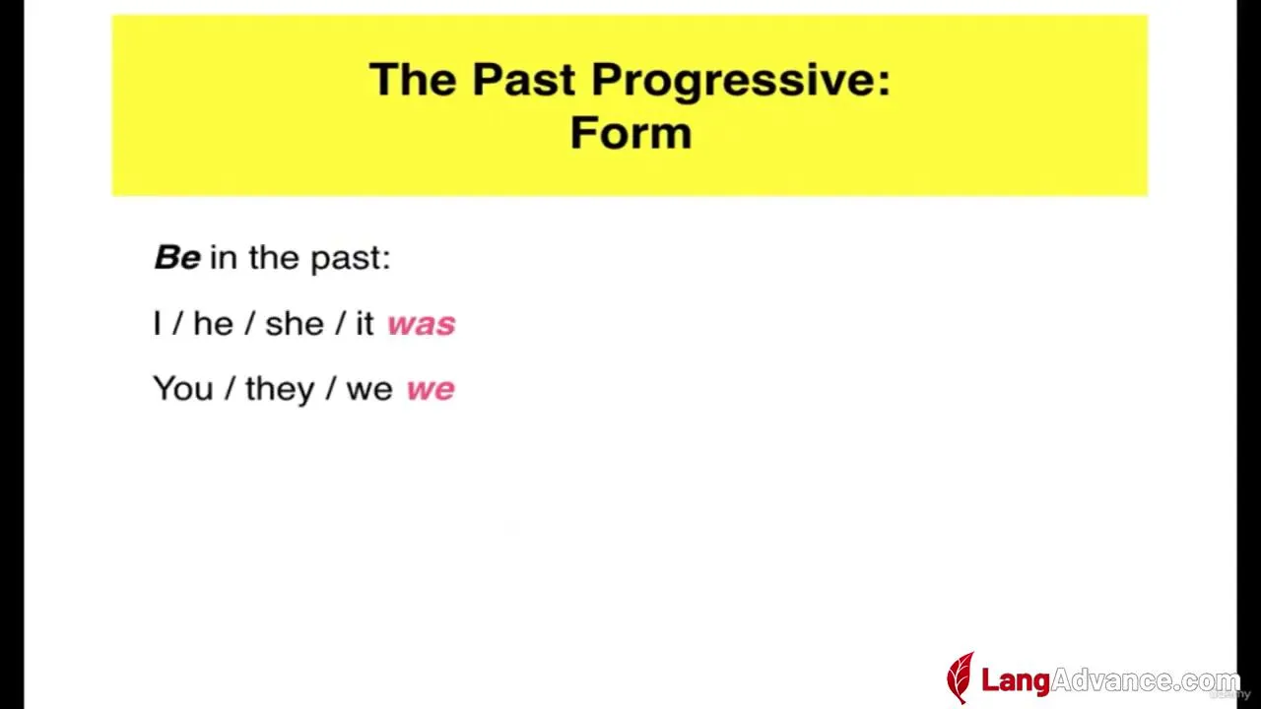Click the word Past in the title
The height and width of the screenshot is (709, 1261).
pos(523,80)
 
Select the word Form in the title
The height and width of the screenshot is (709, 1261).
pos(630,133)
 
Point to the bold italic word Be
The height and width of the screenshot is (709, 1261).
pos(177,258)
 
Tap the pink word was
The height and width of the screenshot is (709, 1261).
pos(422,325)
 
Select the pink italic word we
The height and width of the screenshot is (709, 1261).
pos(431,389)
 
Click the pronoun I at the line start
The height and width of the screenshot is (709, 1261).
pos(158,324)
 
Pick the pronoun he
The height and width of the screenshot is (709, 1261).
pos(214,324)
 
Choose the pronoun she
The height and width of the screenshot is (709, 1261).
pos(295,324)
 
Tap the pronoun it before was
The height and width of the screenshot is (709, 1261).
pos(365,324)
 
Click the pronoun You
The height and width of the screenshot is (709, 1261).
pos(183,389)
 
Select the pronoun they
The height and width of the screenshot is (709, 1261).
pos(280,390)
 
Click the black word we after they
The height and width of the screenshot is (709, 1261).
pos(369,390)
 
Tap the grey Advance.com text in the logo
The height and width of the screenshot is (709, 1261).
pos(1146,680)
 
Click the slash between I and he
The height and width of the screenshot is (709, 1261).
pos(177,325)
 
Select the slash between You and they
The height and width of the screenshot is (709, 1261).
pos(230,389)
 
